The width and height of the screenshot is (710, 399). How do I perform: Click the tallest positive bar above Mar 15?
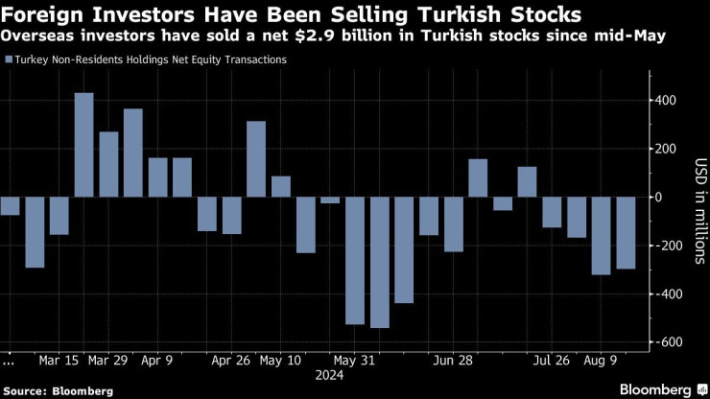point(83,145)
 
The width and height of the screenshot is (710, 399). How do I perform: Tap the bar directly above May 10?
point(280,186)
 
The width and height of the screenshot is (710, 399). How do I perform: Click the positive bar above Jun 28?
point(478,177)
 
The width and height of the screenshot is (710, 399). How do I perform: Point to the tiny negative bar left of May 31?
point(330,199)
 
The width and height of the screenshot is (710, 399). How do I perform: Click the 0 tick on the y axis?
point(659,197)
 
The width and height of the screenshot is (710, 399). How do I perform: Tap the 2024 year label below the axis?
point(329,376)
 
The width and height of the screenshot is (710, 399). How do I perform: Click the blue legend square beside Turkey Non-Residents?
point(9,59)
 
